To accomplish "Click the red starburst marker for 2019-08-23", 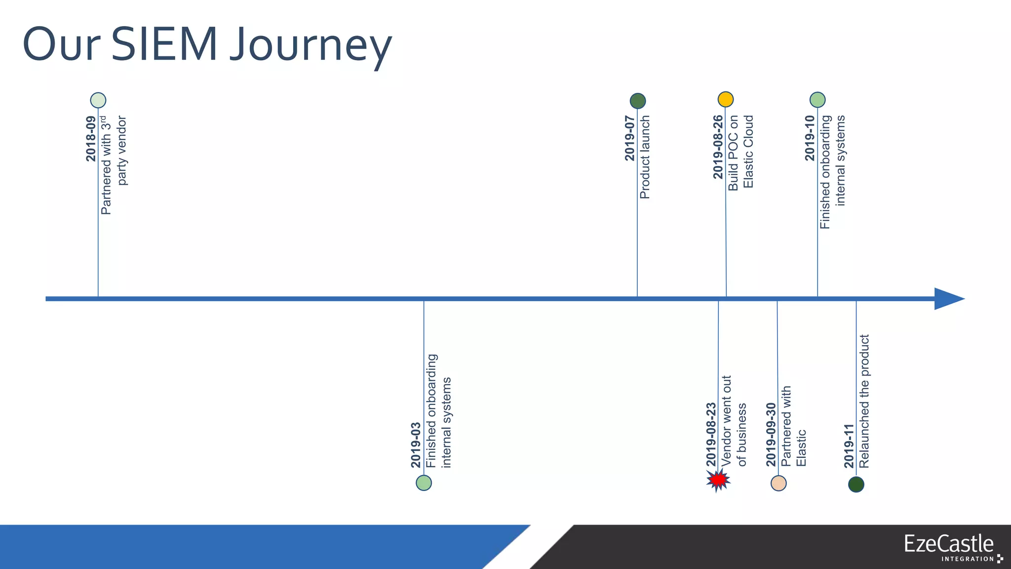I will (718, 480).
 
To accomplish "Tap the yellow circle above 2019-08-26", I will (726, 99).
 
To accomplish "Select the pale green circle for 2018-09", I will (98, 100).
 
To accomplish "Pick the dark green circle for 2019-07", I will (638, 101).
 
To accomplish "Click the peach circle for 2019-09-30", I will (778, 483).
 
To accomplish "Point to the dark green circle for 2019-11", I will (856, 484).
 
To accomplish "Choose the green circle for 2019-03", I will (424, 483).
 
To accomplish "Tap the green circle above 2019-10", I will (817, 100).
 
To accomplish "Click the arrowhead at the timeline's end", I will (948, 299).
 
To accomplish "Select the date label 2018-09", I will (91, 139).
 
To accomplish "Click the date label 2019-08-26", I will (718, 147).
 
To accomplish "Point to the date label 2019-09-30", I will (771, 434).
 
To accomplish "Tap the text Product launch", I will (645, 157).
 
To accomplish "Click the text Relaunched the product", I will (864, 401).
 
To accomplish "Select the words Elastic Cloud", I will (748, 152).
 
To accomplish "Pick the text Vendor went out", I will (726, 420).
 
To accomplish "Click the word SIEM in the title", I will (164, 44).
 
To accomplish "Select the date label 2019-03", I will (416, 445).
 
